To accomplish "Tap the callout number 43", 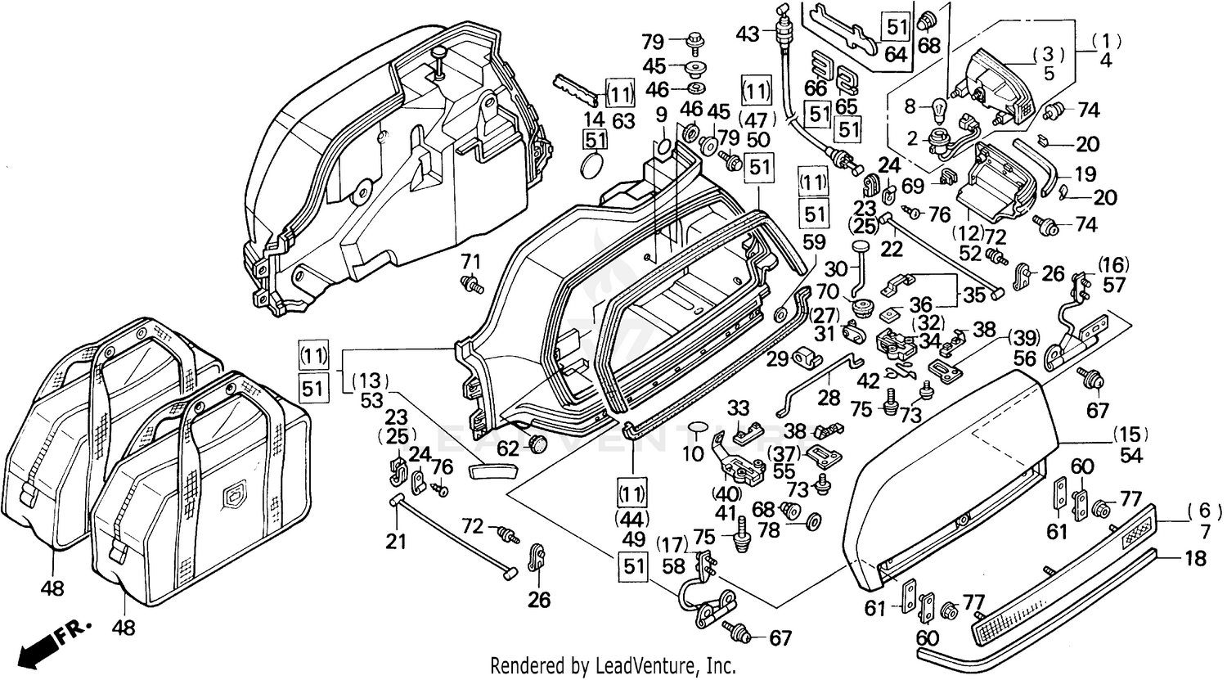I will tap(747, 34).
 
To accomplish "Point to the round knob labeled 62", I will tap(537, 445).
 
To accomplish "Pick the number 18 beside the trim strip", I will tap(1195, 559).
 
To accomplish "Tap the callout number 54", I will tap(1131, 456).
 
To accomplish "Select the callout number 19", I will tap(1085, 173).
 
